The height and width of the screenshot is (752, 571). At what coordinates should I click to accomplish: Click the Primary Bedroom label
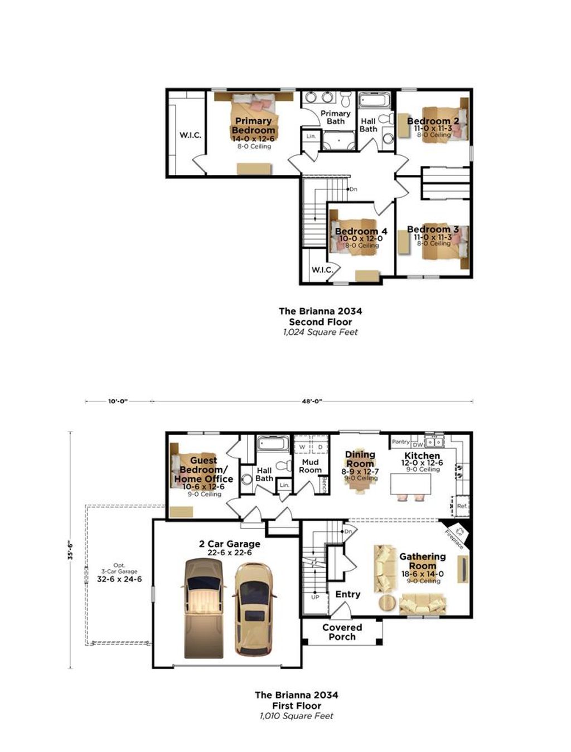(253, 125)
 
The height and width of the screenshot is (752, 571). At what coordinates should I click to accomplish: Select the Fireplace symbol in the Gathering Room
(459, 533)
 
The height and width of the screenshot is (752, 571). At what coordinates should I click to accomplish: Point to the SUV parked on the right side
(254, 609)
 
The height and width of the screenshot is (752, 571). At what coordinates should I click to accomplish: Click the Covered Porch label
(342, 632)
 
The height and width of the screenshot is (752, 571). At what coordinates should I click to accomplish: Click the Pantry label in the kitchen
(400, 442)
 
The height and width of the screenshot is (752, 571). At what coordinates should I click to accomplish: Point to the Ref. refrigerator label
(462, 506)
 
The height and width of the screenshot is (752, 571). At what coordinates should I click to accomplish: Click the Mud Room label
(310, 466)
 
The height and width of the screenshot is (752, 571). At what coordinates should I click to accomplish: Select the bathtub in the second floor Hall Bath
(375, 100)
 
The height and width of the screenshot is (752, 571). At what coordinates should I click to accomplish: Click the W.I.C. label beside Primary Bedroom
(190, 135)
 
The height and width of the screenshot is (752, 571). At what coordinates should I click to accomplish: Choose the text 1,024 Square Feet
(320, 332)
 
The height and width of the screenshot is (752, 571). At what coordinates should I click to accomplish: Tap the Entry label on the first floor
(347, 594)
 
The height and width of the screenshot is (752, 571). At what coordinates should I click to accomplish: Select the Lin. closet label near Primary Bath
(311, 136)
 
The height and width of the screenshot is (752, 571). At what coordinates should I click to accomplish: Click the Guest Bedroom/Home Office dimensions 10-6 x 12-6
(204, 486)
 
